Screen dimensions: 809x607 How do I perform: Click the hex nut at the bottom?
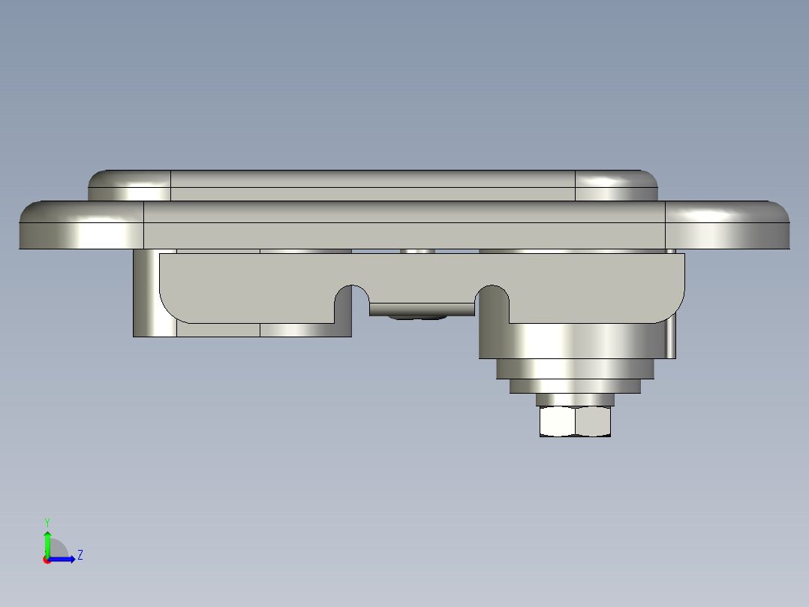[576, 421]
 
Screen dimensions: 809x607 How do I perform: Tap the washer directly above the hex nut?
[575, 400]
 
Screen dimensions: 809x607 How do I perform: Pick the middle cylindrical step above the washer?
[576, 386]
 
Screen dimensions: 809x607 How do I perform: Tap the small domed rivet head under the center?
[417, 317]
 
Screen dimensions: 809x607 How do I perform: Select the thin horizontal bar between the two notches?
[422, 310]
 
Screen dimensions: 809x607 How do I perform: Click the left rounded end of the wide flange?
[82, 225]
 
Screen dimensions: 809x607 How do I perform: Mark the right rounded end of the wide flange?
[727, 225]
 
